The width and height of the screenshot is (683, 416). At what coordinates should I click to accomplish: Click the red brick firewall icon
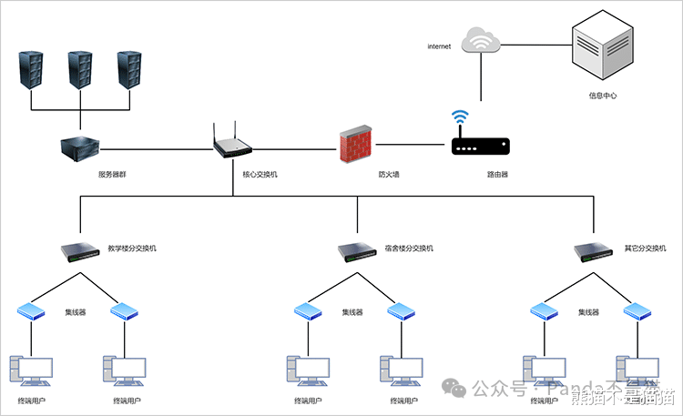point(355,144)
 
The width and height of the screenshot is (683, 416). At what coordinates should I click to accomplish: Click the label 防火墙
point(389,173)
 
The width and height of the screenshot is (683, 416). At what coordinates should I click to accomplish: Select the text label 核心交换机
point(260,173)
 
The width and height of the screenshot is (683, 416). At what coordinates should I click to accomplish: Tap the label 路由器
point(497,173)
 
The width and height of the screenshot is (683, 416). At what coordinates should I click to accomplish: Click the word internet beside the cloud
point(439,46)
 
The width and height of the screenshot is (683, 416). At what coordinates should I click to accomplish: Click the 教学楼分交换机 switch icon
point(80,251)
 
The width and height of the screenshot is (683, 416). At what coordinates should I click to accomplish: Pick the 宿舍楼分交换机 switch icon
point(357,251)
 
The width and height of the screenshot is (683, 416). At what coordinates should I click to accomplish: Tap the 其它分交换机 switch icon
point(595,251)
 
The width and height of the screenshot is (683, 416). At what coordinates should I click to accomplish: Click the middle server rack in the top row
point(80,68)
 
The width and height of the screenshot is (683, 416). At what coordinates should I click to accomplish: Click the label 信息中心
point(603,95)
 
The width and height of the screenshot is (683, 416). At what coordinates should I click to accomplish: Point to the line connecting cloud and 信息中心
point(537,41)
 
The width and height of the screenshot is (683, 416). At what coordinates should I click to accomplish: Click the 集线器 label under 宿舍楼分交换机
point(352,312)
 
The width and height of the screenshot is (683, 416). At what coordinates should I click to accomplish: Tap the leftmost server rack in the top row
point(31,68)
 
